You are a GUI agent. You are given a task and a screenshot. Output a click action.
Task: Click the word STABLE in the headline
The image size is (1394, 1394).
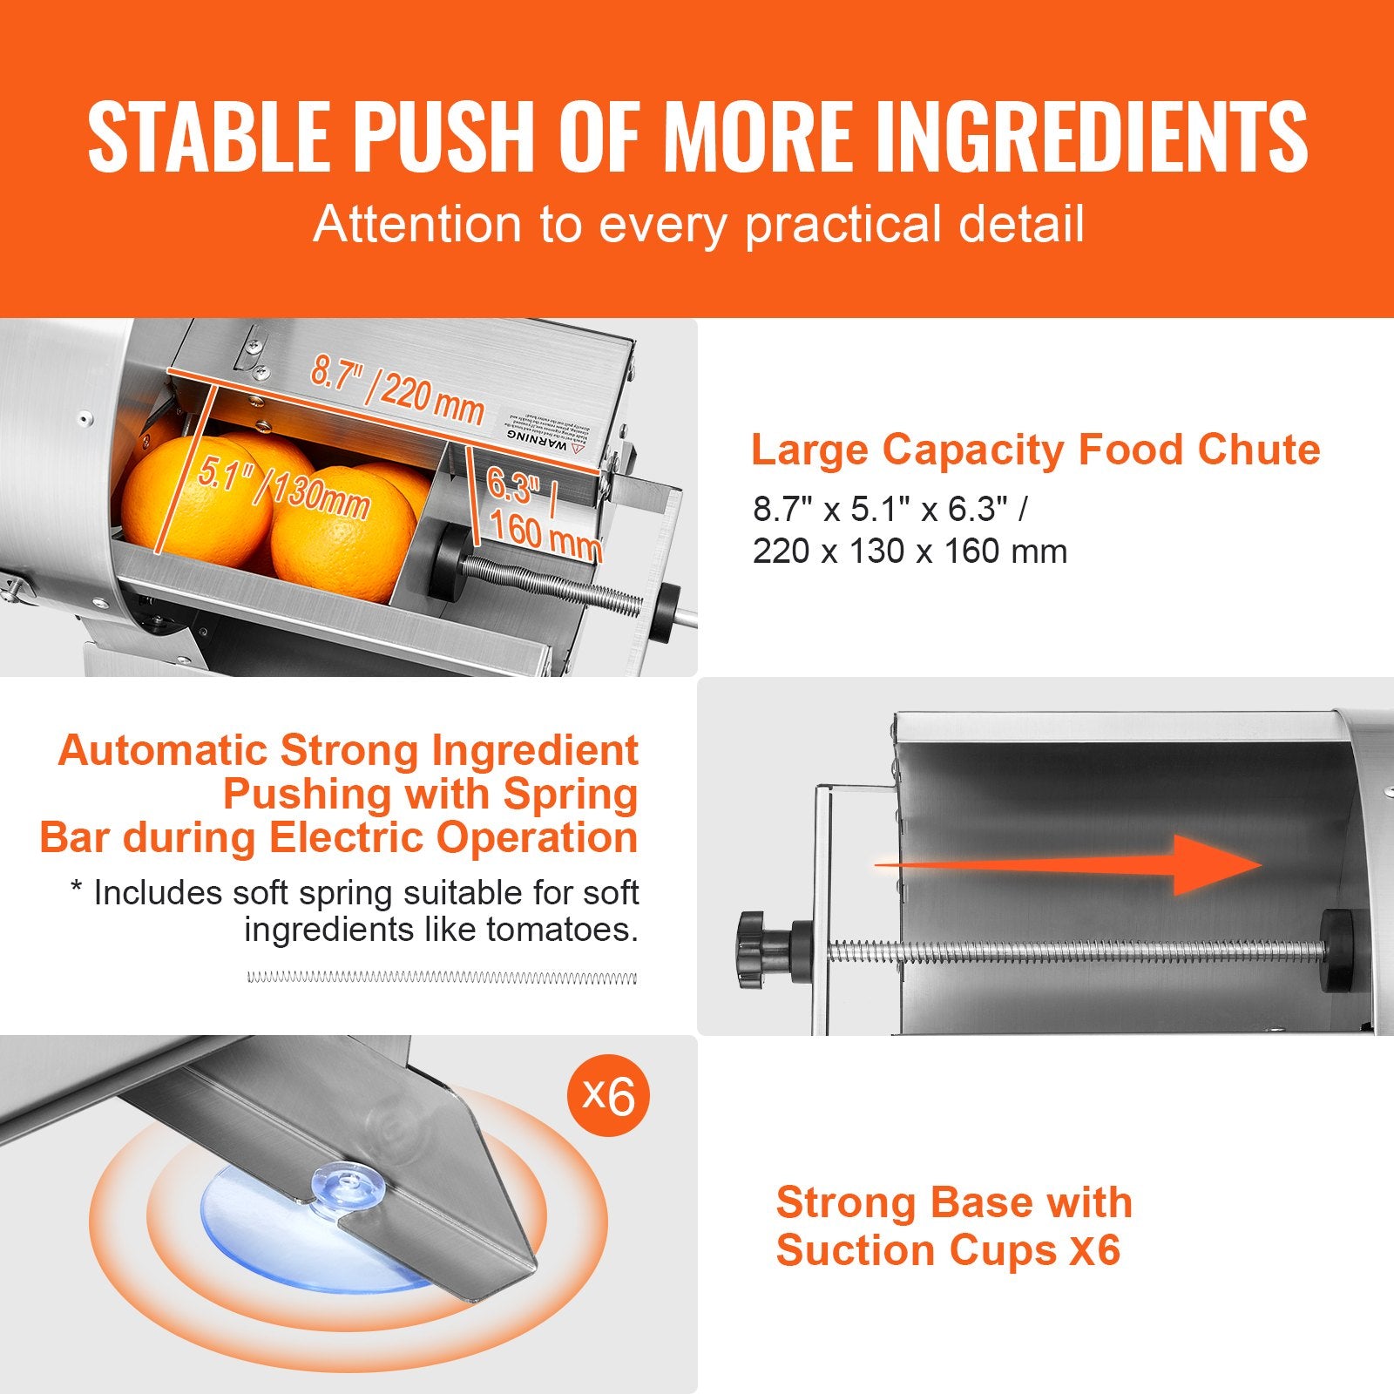coord(207,137)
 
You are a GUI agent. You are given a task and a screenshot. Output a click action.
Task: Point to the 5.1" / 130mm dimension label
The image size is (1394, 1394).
coord(283,488)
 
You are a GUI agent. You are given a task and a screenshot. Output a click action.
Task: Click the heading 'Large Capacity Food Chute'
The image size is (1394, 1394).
coord(1035,450)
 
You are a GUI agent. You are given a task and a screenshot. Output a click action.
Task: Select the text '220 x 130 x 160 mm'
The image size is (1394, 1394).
coord(910,552)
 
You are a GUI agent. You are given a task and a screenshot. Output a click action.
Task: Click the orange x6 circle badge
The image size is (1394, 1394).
coord(608,1094)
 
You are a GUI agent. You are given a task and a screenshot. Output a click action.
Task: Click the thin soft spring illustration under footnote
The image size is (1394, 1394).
coord(442,978)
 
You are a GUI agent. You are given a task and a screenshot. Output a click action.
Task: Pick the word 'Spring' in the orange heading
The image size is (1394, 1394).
coord(570,795)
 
